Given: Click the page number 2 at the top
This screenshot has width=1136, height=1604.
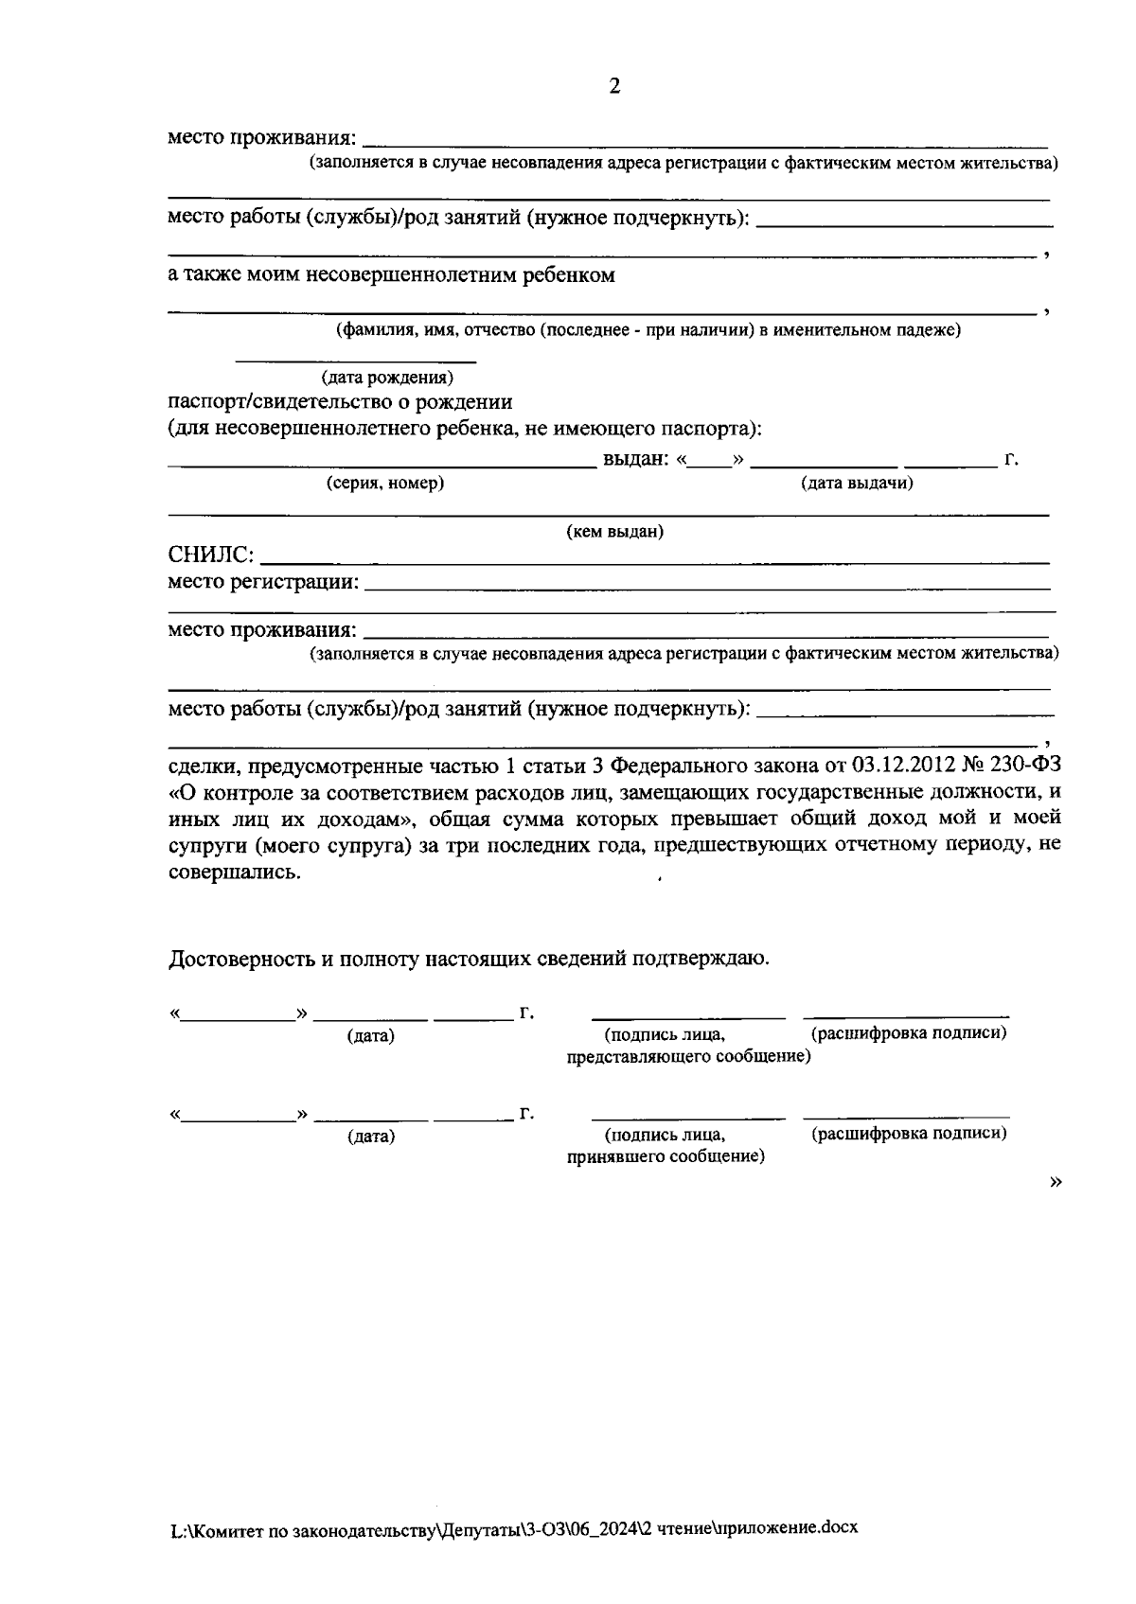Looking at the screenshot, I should (x=614, y=87).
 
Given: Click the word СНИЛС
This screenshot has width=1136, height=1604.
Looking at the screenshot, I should (x=209, y=555).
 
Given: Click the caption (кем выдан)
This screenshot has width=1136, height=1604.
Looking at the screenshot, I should (x=614, y=532).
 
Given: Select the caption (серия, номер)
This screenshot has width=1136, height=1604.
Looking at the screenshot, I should (x=385, y=484).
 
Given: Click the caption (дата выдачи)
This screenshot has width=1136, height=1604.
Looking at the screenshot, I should (x=857, y=484).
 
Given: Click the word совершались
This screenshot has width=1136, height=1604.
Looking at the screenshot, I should (x=234, y=871).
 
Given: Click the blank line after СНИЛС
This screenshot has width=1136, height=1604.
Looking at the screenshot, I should (x=653, y=563).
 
